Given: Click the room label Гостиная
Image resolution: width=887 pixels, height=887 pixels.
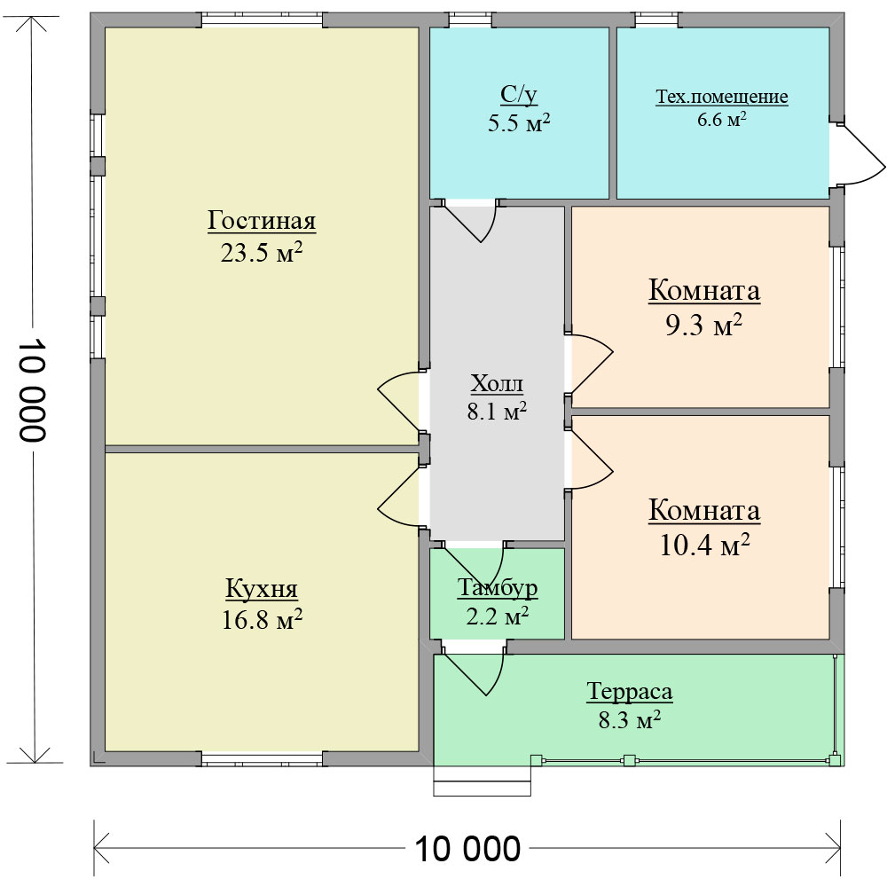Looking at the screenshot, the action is [262, 221].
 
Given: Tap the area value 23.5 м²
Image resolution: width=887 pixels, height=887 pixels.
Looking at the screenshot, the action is [262, 252].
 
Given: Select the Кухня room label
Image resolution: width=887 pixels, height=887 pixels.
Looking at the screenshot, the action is [262, 588].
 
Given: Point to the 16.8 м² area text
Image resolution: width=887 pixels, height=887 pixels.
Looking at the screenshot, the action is [262, 620].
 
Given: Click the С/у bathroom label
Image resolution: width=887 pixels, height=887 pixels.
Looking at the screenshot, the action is [519, 95].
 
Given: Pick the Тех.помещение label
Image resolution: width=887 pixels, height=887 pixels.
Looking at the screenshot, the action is [722, 97].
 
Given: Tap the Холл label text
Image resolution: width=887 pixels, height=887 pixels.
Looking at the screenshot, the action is [497, 384].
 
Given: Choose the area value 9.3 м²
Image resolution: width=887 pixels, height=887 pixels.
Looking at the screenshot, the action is [703, 326].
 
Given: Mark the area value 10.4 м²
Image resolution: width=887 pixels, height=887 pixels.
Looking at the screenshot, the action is [705, 546].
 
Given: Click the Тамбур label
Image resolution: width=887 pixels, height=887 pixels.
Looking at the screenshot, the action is [498, 588].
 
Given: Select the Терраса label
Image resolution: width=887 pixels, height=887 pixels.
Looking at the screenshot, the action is [630, 691].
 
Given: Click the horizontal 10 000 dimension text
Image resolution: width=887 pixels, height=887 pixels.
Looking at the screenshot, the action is [467, 849].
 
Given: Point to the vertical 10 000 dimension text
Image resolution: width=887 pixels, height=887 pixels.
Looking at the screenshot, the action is [32, 389].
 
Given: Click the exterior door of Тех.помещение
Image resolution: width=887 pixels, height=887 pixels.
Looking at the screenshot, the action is [857, 153].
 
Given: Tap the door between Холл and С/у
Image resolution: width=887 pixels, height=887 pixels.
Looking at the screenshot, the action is [469, 220].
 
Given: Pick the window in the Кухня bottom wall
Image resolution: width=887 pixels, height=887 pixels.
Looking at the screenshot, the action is [262, 759].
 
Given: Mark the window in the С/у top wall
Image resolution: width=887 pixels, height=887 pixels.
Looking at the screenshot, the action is [471, 20].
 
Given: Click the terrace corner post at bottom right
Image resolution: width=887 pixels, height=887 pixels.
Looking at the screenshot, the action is [835, 760].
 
